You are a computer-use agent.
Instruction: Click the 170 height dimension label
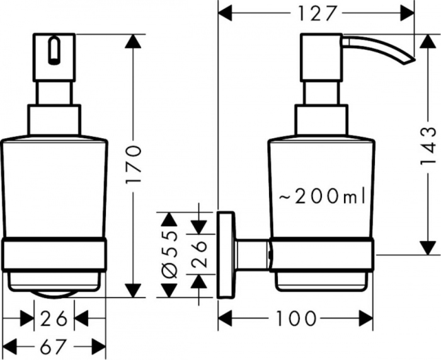click(x=134, y=166)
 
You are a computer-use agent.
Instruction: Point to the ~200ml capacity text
click(x=322, y=197)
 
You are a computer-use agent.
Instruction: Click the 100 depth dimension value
click(x=295, y=318)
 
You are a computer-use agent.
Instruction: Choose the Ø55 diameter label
click(x=170, y=252)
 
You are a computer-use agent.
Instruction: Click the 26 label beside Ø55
click(x=201, y=255)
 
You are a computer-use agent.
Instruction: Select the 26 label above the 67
click(x=54, y=319)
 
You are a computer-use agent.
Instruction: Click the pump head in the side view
click(x=321, y=57)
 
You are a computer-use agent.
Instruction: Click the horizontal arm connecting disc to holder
click(x=254, y=255)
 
